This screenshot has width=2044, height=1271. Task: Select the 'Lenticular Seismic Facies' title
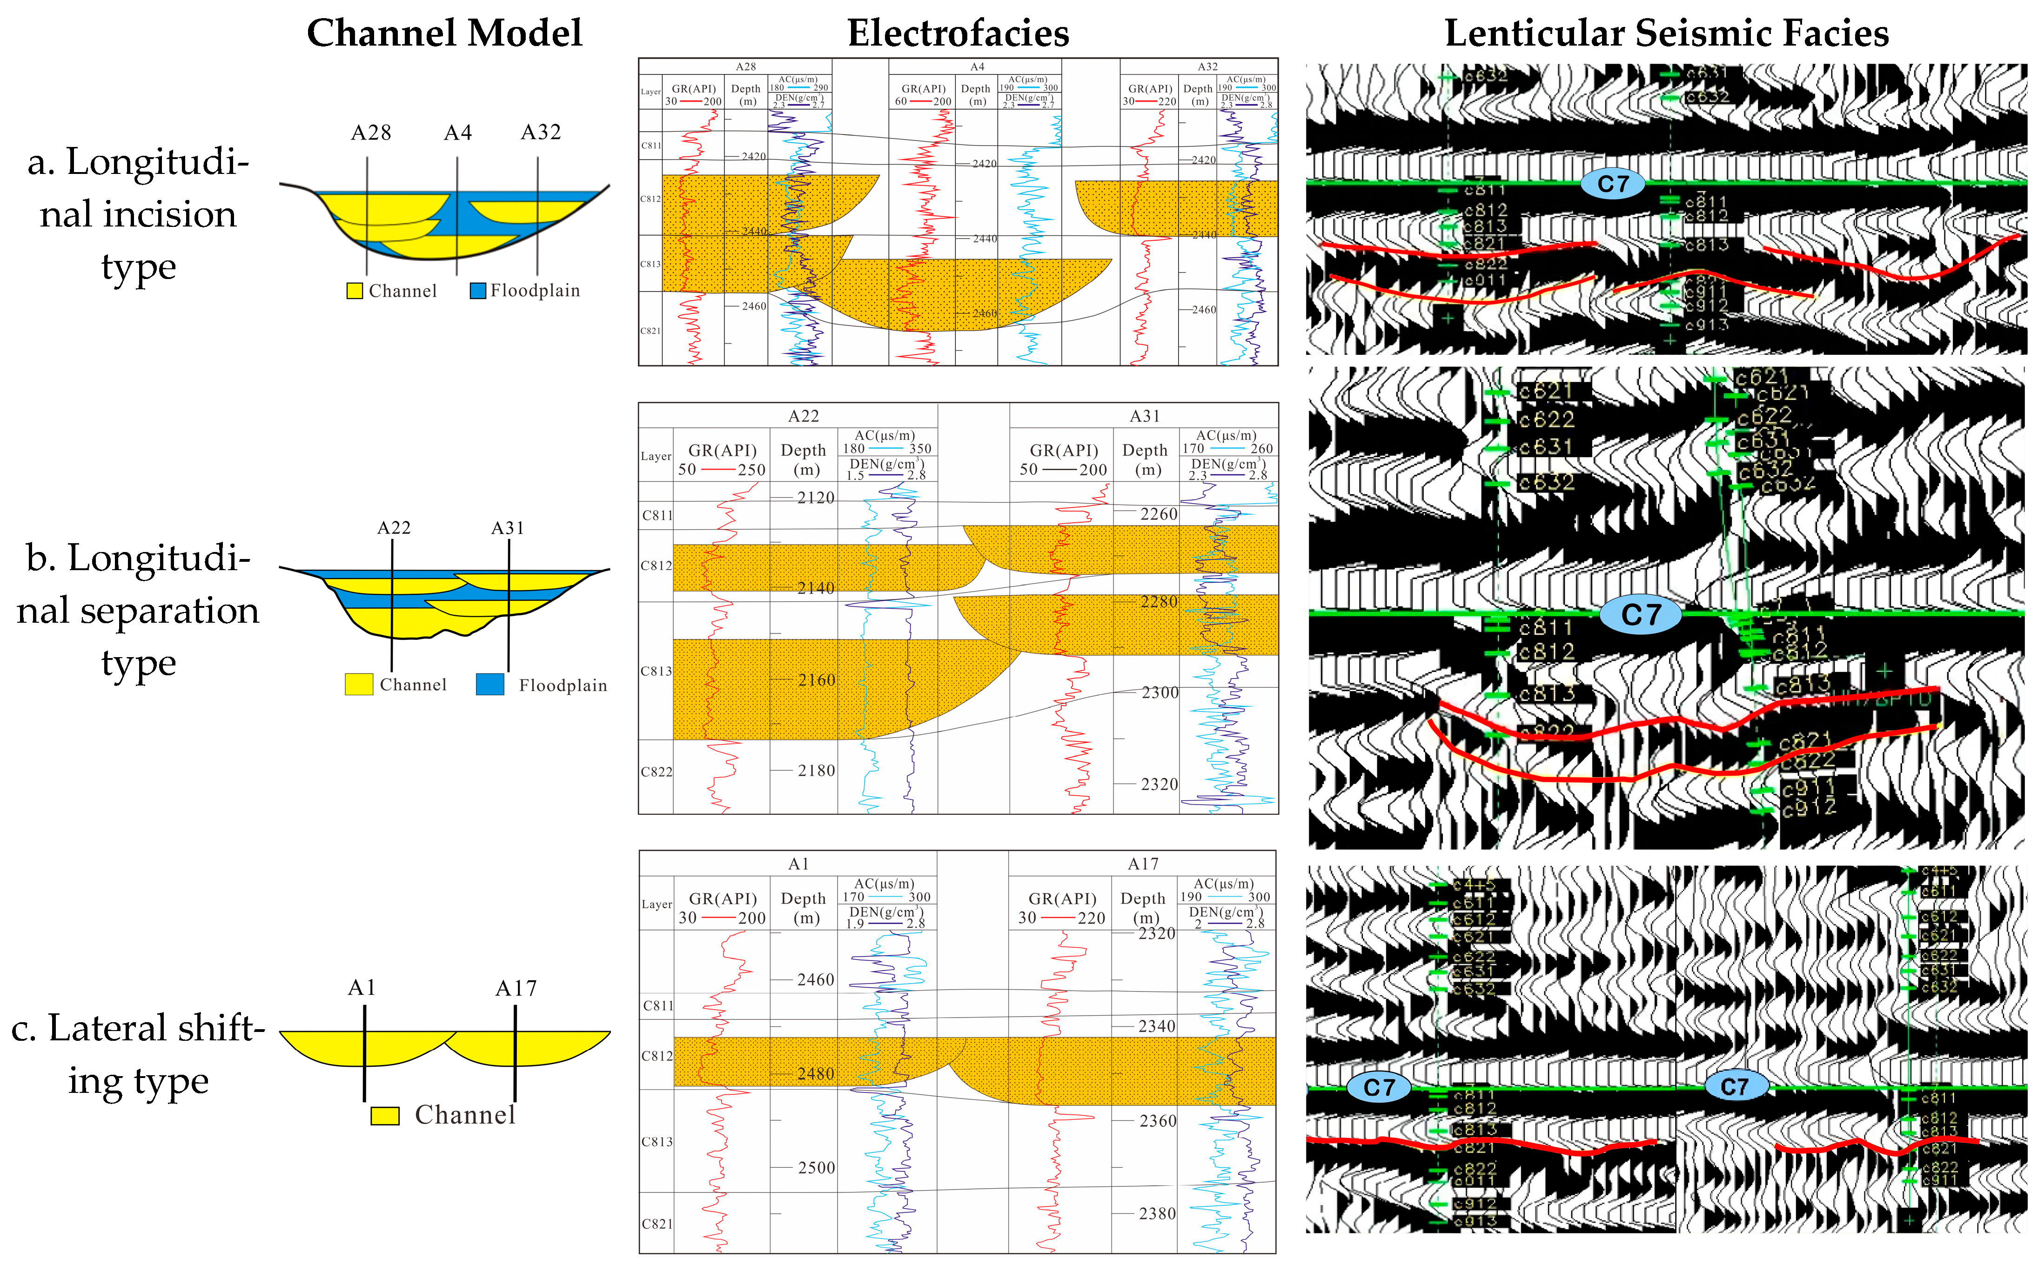(1667, 33)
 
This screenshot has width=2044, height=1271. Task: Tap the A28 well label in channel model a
(371, 133)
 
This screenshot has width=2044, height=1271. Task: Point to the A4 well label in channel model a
(458, 133)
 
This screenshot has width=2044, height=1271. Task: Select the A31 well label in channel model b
(508, 528)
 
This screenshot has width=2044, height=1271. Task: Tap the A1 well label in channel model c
(362, 988)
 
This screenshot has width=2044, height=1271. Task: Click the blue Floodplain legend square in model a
(477, 291)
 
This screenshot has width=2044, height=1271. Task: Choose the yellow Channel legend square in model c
(385, 1116)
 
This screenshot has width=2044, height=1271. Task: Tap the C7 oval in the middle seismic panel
(1641, 614)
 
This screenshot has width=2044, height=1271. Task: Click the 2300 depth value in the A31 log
(1159, 692)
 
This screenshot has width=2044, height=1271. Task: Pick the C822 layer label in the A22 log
(657, 772)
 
